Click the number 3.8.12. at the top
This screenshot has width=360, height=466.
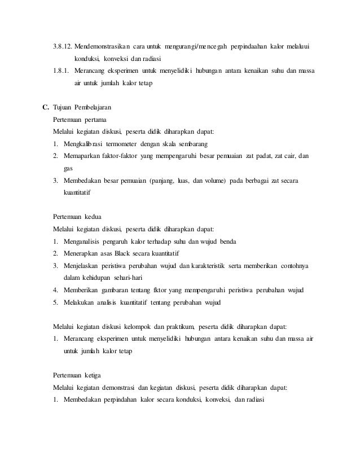click(61, 46)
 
